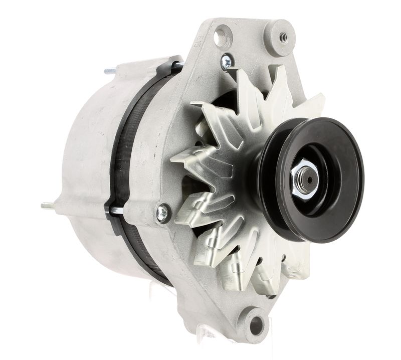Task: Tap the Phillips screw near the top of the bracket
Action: tap(227, 62)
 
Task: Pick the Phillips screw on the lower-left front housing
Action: tap(163, 213)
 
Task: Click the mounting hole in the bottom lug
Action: tap(256, 324)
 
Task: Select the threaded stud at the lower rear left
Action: tap(47, 205)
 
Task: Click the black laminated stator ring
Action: tap(120, 165)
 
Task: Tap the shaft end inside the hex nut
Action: tap(307, 179)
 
